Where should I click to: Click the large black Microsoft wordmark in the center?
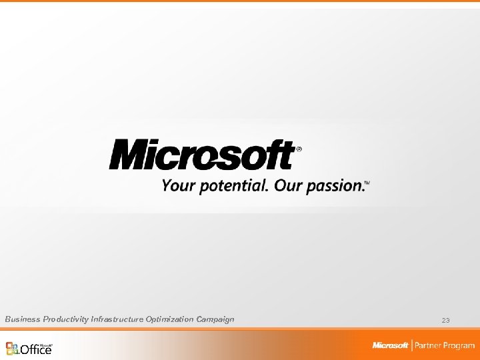click(201, 155)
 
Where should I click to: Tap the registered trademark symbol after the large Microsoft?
click(298, 150)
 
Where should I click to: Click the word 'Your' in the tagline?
click(176, 185)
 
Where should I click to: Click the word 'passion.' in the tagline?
click(335, 186)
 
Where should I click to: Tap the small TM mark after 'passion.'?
click(367, 182)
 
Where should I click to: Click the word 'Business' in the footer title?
click(23, 319)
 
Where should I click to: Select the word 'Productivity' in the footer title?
click(67, 319)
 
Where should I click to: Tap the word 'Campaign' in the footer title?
click(215, 319)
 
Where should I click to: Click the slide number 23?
click(445, 321)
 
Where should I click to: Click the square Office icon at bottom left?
click(13, 348)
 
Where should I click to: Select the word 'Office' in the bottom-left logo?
click(36, 349)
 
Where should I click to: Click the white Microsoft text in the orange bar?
click(390, 345)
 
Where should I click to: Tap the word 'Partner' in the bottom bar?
click(431, 345)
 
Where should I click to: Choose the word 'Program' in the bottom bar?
click(461, 345)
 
